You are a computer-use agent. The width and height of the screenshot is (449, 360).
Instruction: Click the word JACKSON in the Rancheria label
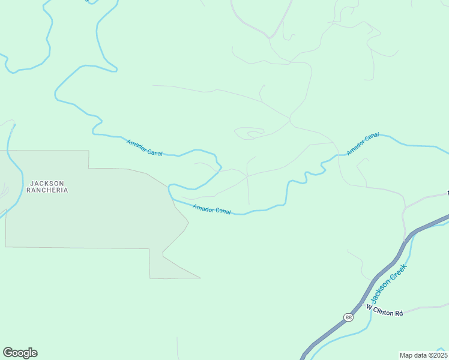pyautogui.click(x=47, y=183)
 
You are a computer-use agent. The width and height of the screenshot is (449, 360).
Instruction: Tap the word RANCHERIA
pyautogui.click(x=47, y=190)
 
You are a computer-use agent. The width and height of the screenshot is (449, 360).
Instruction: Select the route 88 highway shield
pyautogui.click(x=349, y=317)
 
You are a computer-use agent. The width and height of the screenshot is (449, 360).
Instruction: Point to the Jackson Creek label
pyautogui.click(x=388, y=283)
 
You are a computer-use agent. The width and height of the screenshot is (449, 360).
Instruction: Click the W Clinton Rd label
pyautogui.click(x=384, y=309)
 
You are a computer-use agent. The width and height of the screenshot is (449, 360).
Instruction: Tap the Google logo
pyautogui.click(x=20, y=353)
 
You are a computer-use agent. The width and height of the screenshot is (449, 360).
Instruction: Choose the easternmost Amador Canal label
pyautogui.click(x=363, y=143)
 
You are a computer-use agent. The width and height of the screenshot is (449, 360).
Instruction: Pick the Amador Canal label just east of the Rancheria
pyautogui.click(x=212, y=209)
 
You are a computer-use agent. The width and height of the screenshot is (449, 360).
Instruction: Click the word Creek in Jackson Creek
pyautogui.click(x=398, y=273)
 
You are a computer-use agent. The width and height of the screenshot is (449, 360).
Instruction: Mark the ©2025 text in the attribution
pyautogui.click(x=438, y=355)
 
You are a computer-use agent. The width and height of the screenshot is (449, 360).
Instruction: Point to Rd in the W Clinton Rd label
pyautogui.click(x=399, y=312)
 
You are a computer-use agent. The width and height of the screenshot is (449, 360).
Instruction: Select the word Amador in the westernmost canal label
pyautogui.click(x=137, y=144)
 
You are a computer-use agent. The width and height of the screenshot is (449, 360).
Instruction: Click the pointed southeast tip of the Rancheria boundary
pyautogui.click(x=199, y=278)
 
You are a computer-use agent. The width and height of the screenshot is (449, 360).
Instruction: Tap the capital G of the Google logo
pyautogui.click(x=8, y=353)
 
